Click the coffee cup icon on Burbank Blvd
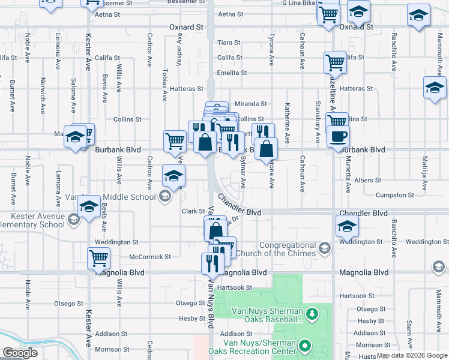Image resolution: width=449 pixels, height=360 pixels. [337, 136]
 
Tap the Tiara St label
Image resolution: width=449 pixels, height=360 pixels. [229, 43]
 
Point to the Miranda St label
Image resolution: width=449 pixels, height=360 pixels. [250, 104]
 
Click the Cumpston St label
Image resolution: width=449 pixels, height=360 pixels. [391, 195]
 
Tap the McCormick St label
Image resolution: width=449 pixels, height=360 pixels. [150, 257]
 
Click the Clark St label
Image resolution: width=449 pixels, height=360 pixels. [194, 211]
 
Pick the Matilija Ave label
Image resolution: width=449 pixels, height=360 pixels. [424, 170]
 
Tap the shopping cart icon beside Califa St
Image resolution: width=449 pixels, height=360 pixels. [335, 62]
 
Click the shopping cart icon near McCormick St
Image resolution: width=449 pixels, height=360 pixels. [99, 258]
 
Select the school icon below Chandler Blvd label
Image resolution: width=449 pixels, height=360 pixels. [346, 226]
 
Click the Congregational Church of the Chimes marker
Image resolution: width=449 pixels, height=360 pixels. [324, 248]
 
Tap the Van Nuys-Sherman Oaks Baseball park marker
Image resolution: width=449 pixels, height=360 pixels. [312, 314]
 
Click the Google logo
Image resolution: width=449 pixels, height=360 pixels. [20, 353]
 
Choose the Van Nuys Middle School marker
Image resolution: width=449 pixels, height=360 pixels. [164, 196]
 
